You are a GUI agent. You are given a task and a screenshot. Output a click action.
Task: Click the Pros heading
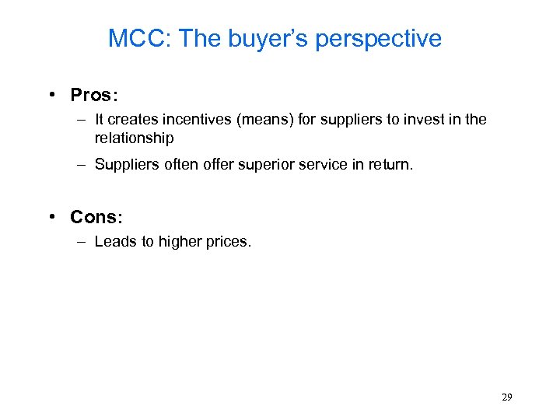(91, 95)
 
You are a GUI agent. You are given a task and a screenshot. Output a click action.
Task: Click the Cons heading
(93, 217)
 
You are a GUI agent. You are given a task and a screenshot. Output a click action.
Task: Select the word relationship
(134, 138)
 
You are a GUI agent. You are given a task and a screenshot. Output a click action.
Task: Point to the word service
(317, 164)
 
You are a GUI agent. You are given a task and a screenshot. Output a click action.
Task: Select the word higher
(181, 242)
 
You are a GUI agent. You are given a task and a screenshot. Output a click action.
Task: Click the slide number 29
(506, 397)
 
